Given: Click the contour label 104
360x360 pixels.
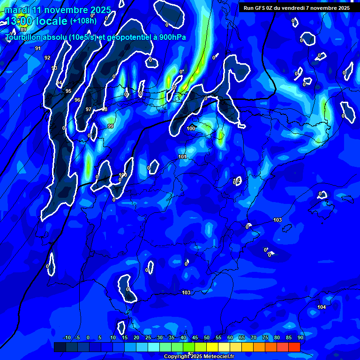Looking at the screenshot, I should (322, 307).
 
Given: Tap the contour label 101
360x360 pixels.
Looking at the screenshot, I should (183, 157).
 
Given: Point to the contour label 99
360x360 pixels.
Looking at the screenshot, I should (111, 126).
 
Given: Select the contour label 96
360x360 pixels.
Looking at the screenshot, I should (77, 100).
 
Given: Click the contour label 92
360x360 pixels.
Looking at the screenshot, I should (47, 58).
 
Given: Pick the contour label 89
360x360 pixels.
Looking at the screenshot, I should (24, 30).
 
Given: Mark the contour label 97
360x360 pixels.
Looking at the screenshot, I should (89, 109).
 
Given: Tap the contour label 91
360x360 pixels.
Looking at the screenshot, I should (38, 48).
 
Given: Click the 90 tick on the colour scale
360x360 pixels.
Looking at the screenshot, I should (300, 338).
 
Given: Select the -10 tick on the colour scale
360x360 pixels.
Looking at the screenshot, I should (67, 338).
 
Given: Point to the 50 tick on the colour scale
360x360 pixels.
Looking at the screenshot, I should (207, 338).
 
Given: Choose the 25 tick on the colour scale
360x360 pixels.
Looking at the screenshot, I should (148, 338).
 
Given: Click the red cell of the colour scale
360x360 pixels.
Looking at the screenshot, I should (294, 347).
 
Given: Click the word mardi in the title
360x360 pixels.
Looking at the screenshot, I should (17, 10).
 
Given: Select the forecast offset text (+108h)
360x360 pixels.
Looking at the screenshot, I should (83, 21).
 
